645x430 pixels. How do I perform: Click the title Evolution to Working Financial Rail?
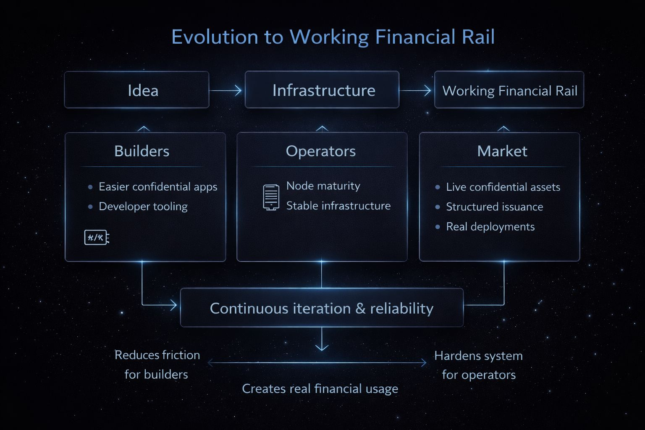333,37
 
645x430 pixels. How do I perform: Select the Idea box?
137,90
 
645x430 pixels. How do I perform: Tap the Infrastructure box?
322,90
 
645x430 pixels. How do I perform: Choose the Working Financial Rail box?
509,90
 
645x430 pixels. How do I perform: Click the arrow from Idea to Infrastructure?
226,90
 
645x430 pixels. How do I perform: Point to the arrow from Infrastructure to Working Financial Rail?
416,90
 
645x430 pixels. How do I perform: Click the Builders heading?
142,151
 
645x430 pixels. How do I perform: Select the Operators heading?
321,151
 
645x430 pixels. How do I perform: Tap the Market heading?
502,151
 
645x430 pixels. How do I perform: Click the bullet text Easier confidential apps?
158,187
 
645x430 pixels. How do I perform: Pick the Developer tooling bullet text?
143,207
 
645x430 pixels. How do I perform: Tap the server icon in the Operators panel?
271,197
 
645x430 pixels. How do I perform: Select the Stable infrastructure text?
338,206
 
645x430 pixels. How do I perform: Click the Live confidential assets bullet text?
503,187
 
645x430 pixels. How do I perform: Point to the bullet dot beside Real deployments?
438,227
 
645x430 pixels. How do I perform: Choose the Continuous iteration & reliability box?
322,308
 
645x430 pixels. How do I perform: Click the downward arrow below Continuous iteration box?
322,340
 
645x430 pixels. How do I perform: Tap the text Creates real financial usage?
320,389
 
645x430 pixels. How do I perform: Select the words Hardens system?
478,356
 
